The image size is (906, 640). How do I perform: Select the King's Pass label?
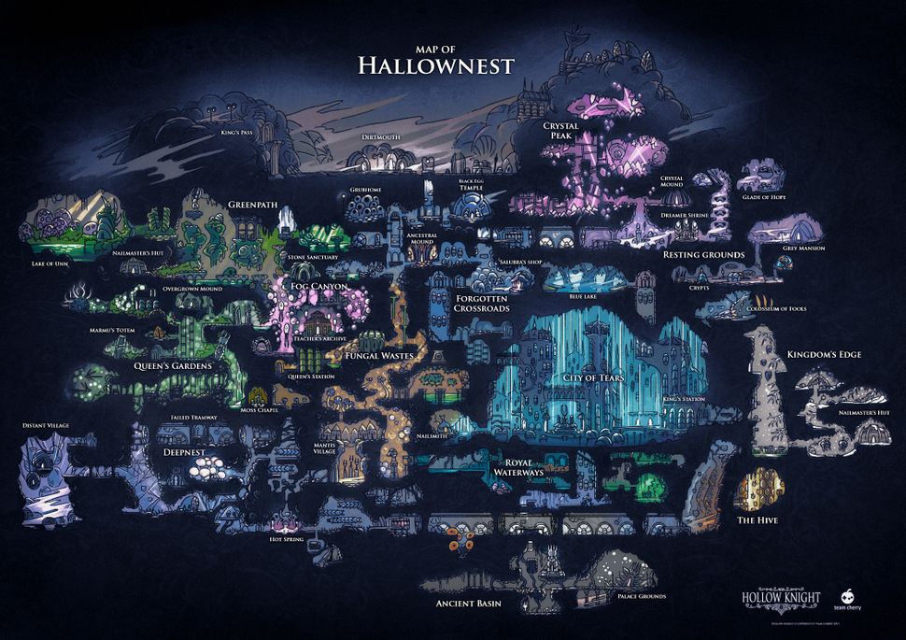(x=237, y=133)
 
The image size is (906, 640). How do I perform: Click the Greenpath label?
(x=248, y=204)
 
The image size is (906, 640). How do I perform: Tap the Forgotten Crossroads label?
(x=481, y=303)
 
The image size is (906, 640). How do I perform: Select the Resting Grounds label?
(x=703, y=254)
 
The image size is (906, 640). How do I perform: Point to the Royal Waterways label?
(x=517, y=468)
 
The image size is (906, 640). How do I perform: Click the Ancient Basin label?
(x=469, y=604)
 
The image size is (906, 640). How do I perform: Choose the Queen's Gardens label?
(x=172, y=366)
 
